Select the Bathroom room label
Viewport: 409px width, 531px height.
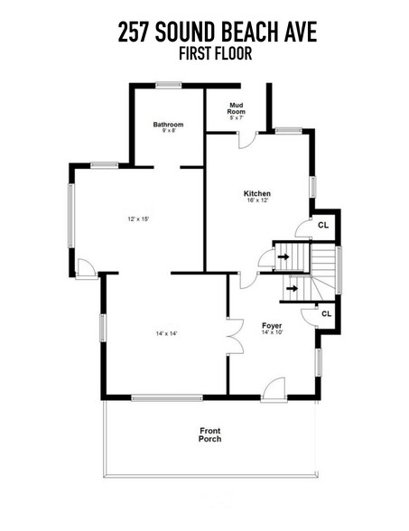168,124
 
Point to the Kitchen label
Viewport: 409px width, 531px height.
257,193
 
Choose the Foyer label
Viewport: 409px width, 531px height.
271,324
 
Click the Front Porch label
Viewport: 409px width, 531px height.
209,435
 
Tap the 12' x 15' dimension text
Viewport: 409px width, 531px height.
137,219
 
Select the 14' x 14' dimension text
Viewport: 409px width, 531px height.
166,333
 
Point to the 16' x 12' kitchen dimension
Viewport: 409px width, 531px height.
257,201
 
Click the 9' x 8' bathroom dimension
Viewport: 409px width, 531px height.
168,131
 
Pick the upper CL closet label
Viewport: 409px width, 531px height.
323,225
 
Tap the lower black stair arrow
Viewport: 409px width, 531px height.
292,289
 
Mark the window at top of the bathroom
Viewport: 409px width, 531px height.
167,86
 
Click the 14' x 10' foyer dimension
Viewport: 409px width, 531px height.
271,332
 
